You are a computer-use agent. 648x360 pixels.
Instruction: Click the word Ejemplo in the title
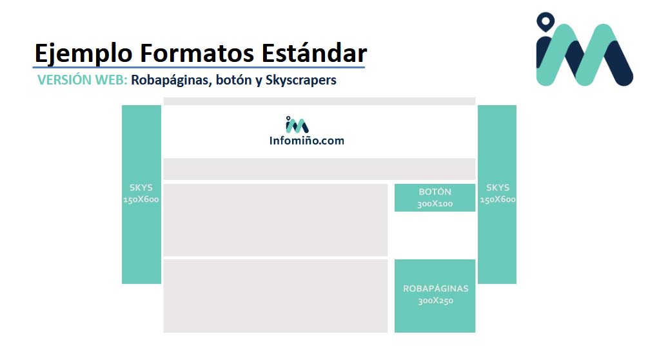[x=83, y=54]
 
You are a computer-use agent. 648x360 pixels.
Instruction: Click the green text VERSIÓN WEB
[x=83, y=79]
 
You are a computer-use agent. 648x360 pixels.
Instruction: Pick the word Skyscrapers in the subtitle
[x=301, y=80]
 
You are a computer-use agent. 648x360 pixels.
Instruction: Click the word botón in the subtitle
[x=233, y=80]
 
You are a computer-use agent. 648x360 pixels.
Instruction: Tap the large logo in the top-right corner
[x=584, y=49]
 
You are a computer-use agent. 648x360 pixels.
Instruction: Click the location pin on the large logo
[x=545, y=21]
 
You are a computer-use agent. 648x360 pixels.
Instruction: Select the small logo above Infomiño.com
[x=297, y=125]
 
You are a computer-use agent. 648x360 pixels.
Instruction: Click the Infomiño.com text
[x=307, y=141]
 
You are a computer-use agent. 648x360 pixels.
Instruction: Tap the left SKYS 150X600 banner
[x=141, y=194]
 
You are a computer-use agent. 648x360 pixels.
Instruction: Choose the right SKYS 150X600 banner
[x=497, y=194]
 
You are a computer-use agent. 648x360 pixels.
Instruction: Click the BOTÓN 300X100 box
[x=435, y=197]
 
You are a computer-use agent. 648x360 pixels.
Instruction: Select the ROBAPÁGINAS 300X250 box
[x=435, y=296]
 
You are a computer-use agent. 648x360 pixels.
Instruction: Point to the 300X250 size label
[x=436, y=301]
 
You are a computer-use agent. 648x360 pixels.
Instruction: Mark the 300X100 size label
[x=435, y=203]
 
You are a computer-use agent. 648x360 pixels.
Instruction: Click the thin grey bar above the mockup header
[x=319, y=101]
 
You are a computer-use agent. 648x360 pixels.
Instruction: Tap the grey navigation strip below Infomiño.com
[x=319, y=169]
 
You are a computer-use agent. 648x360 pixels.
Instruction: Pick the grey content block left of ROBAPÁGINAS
[x=276, y=296]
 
